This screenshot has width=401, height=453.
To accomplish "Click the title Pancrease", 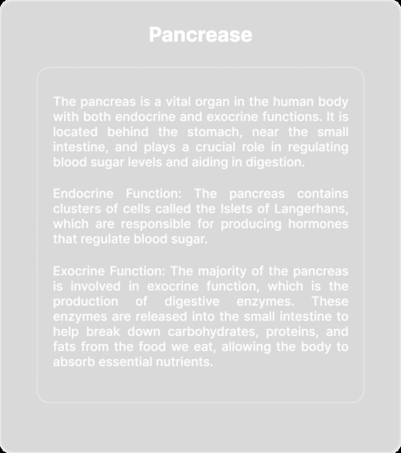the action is click(x=200, y=36).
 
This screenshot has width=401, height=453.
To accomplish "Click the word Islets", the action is click(x=247, y=208).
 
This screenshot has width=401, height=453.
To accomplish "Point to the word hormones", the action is click(x=318, y=224).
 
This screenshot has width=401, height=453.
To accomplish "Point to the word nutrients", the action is click(x=185, y=362).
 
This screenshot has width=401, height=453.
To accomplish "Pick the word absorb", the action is click(x=73, y=362).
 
